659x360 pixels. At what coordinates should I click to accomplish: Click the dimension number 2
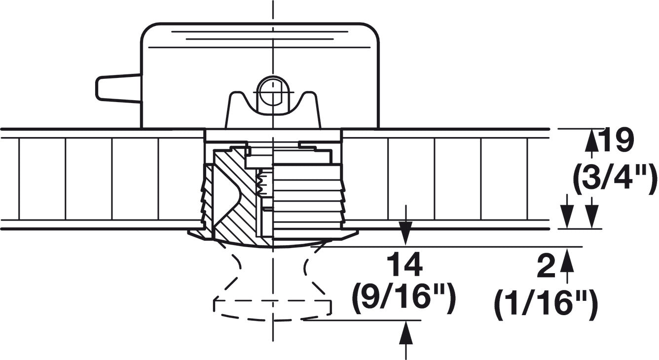(x=546, y=266)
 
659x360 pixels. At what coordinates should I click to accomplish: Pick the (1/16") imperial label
(x=546, y=305)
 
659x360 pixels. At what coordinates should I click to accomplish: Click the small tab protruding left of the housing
(x=118, y=88)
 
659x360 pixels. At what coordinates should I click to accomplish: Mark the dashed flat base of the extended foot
(x=273, y=301)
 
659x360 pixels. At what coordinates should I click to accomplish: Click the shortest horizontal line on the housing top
(x=260, y=39)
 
